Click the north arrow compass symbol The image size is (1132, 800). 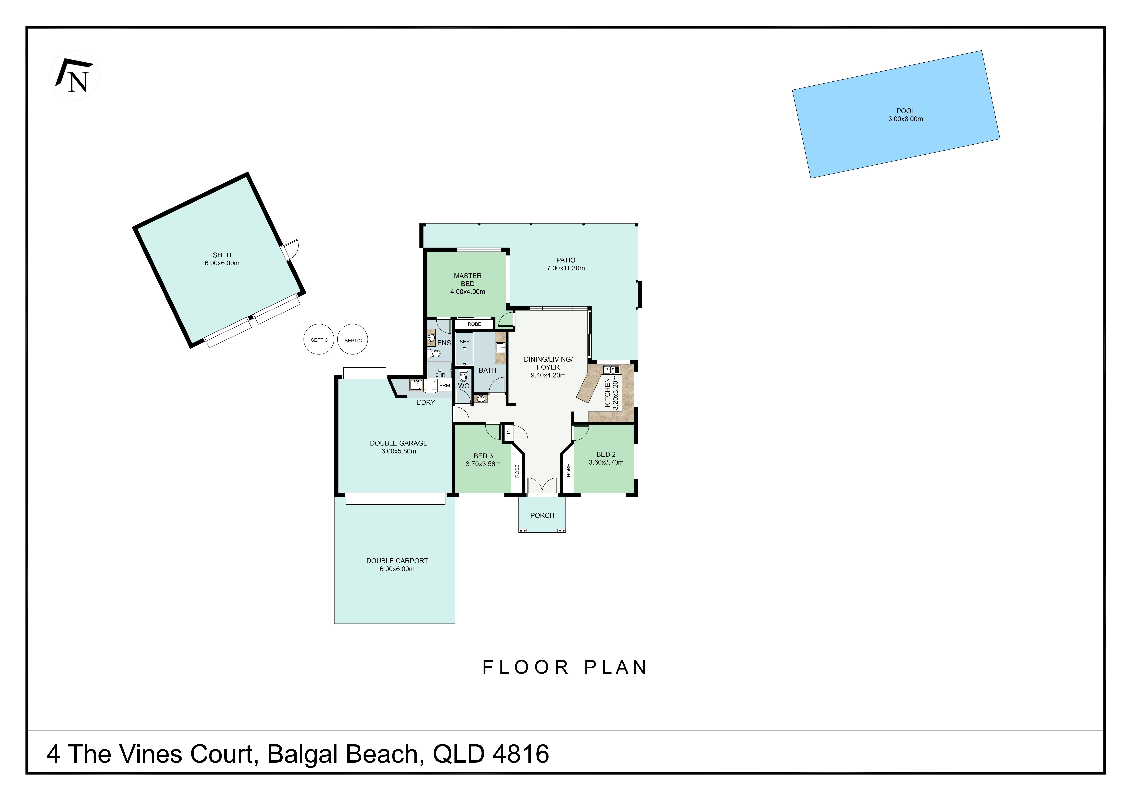(x=74, y=76)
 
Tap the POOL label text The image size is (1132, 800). (x=905, y=111)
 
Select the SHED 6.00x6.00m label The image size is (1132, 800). (x=222, y=259)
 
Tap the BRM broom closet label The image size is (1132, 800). (x=444, y=385)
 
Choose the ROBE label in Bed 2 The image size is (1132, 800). (x=568, y=470)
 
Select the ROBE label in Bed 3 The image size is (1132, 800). (x=517, y=471)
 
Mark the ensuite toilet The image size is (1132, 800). (x=434, y=353)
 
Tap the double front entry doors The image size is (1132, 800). (x=542, y=486)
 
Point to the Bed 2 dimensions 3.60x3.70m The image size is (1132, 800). (x=606, y=462)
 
